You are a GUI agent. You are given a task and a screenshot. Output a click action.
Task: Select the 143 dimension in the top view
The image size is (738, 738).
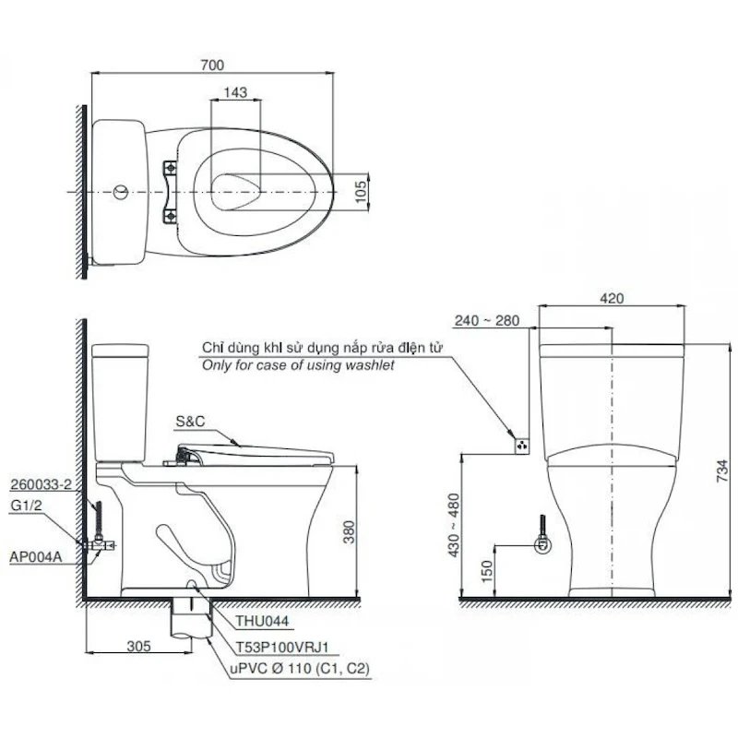235,93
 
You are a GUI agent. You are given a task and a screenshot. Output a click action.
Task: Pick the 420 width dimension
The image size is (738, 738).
613,298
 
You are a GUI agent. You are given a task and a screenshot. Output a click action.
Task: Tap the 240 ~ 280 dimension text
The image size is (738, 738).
486,320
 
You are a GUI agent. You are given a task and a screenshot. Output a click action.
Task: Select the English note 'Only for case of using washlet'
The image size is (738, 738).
299,366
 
